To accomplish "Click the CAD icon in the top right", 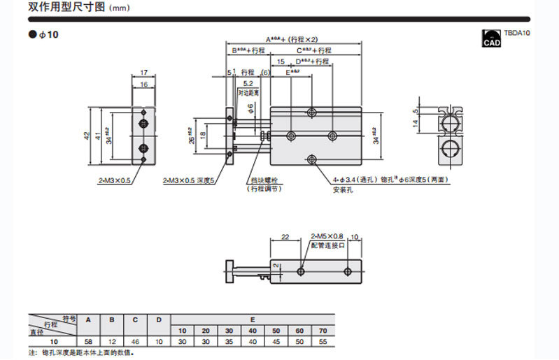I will [x=492, y=38].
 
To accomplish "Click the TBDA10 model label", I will [x=516, y=33].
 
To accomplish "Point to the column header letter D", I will [x=159, y=320].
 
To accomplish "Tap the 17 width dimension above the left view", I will [x=144, y=72].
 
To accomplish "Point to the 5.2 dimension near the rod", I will [x=248, y=83].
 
